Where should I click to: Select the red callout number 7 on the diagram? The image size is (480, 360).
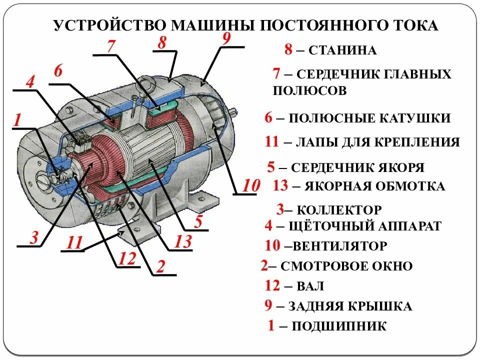111,45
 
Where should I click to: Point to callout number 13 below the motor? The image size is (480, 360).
183,241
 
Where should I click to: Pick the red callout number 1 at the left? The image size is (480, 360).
17,120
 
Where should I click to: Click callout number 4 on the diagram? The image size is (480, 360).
30,81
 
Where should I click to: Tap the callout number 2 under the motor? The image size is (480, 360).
160,267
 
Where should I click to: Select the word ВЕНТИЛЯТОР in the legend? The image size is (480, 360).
340,246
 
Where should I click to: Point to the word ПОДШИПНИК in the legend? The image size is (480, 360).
339,327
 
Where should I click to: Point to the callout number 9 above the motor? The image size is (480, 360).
226,38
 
